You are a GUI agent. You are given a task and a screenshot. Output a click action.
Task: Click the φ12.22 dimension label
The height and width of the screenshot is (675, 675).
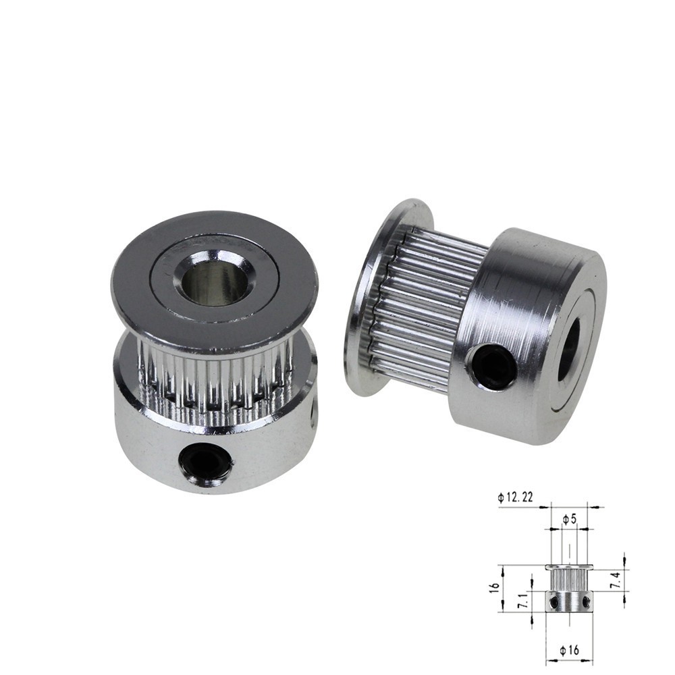tap(515, 497)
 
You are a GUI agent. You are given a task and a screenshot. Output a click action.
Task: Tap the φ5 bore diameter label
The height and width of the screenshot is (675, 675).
tap(569, 520)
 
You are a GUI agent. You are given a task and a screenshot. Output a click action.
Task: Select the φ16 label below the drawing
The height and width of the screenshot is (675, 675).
tap(570, 651)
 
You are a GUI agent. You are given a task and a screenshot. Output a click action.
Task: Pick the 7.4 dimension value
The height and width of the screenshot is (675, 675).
tap(617, 580)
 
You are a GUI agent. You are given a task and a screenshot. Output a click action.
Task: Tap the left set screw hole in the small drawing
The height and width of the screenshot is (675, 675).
tap(554, 601)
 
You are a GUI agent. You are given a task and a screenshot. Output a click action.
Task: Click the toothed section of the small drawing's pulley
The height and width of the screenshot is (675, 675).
tap(570, 580)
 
